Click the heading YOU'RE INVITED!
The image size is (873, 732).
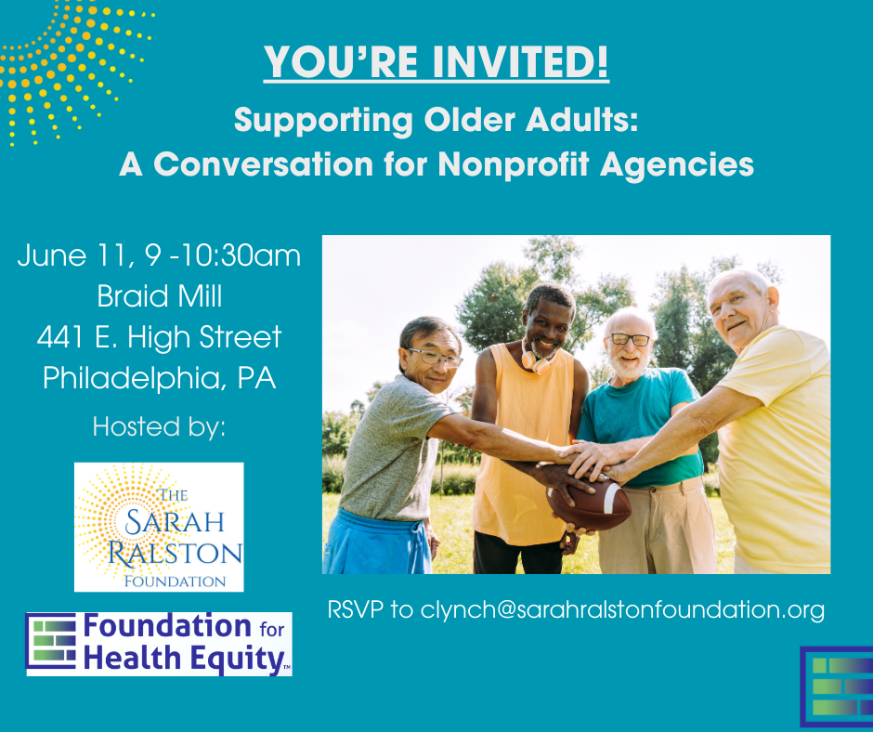436,62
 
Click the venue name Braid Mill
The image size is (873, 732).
159,296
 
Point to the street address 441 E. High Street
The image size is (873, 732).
159,337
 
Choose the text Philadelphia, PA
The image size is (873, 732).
159,379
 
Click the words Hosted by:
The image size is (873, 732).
159,427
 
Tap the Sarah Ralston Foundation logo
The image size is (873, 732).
159,527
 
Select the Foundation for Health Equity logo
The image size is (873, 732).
159,643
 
